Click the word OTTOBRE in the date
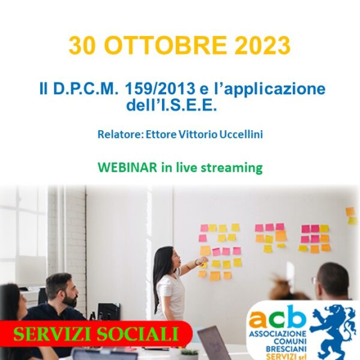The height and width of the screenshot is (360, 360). point(166,45)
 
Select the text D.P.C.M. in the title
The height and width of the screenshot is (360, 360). point(86,89)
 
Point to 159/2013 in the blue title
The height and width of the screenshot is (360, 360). point(160,89)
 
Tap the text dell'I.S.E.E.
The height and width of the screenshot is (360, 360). point(172,105)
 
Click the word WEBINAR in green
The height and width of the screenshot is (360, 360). point(128,167)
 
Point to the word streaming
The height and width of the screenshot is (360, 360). point(232,168)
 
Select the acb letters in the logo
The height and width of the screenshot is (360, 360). point(278,317)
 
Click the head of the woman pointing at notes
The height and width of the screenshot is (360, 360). point(170,258)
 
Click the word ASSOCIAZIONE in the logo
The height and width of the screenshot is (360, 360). point(278,333)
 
